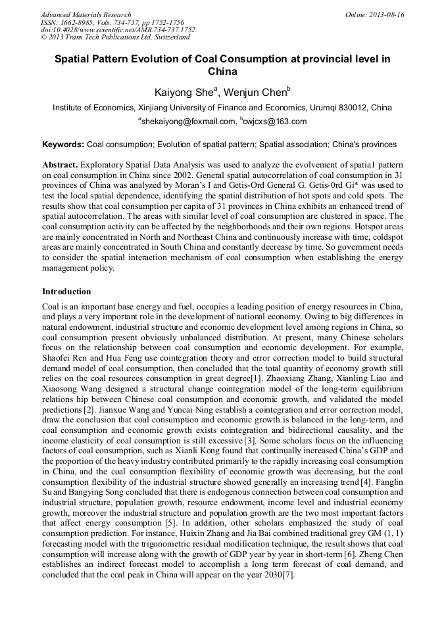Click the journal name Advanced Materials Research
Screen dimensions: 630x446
(86, 14)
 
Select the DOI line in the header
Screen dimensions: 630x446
(118, 30)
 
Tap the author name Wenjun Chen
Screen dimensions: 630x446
(258, 92)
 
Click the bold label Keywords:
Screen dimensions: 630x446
(63, 144)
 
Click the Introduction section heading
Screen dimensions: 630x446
(66, 290)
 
